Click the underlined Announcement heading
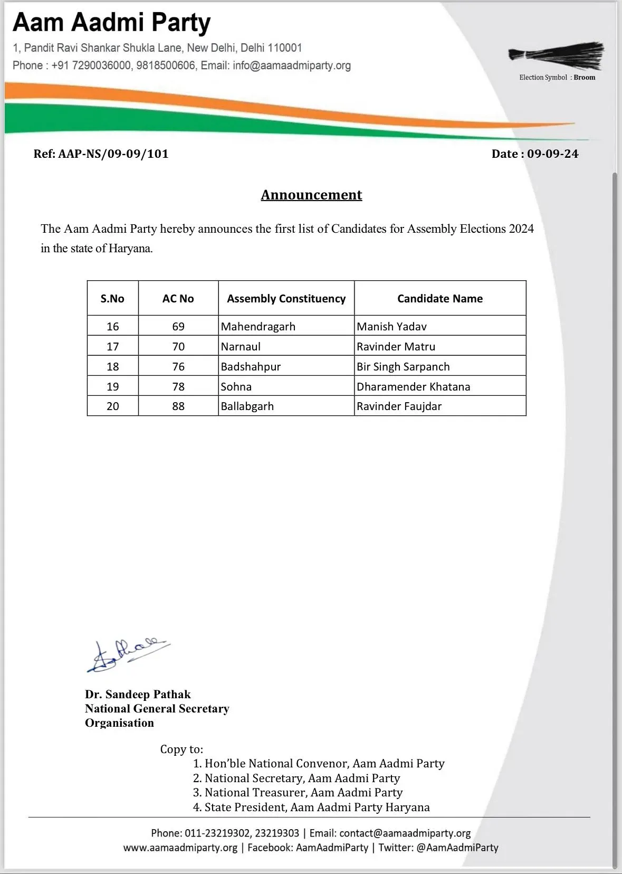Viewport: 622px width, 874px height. [311, 195]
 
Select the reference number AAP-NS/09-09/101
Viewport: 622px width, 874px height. [113, 154]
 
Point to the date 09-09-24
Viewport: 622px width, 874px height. [552, 154]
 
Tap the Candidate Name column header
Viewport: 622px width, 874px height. [439, 299]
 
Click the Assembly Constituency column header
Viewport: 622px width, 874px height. [286, 299]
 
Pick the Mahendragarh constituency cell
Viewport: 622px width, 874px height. [258, 327]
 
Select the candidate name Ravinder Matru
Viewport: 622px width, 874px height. [396, 347]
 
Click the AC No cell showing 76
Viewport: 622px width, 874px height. [178, 367]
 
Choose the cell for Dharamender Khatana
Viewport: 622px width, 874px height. [413, 387]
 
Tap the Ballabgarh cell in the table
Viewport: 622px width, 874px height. [247, 406]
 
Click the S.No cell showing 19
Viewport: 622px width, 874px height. [113, 387]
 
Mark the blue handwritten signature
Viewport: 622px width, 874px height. [128, 655]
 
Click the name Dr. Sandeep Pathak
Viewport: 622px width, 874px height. [138, 695]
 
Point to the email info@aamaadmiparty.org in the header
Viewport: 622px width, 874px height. [292, 65]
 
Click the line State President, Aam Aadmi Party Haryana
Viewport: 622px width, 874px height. [317, 807]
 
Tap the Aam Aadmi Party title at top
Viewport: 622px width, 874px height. [112, 23]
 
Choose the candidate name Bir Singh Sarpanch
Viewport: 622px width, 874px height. [403, 367]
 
